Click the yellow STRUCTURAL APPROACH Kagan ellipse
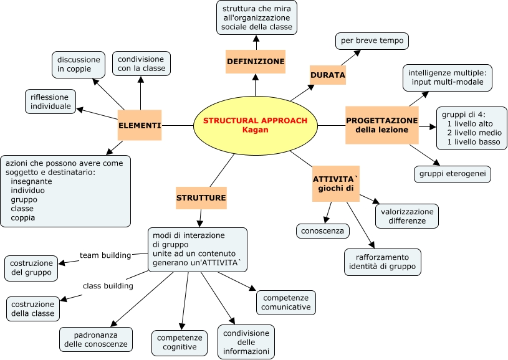pyautogui.click(x=256, y=125)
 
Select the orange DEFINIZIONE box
pyautogui.click(x=256, y=62)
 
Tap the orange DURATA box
pyautogui.click(x=328, y=75)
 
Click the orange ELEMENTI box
pyautogui.click(x=140, y=125)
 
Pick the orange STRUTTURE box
pyautogui.click(x=201, y=198)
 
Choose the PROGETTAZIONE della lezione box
pyautogui.click(x=382, y=125)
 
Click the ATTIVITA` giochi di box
pyautogui.click(x=336, y=184)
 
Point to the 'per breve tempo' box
pyautogui.click(x=372, y=41)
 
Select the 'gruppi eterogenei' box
pyautogui.click(x=453, y=174)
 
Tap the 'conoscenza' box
pyautogui.click(x=323, y=231)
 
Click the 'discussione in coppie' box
pyautogui.click(x=79, y=65)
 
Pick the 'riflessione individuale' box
pyautogui.click(x=50, y=102)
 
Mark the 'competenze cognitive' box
pyautogui.click(x=180, y=343)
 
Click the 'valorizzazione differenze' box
pyautogui.click(x=407, y=216)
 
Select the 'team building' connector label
pyautogui.click(x=105, y=255)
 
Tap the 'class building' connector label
pyautogui.click(x=108, y=286)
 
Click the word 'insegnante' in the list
pyautogui.click(x=31, y=181)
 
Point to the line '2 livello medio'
pyautogui.click(x=474, y=133)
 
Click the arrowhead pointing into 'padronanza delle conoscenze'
pyautogui.click(x=113, y=323)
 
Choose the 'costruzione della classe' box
pyautogui.click(x=33, y=309)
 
